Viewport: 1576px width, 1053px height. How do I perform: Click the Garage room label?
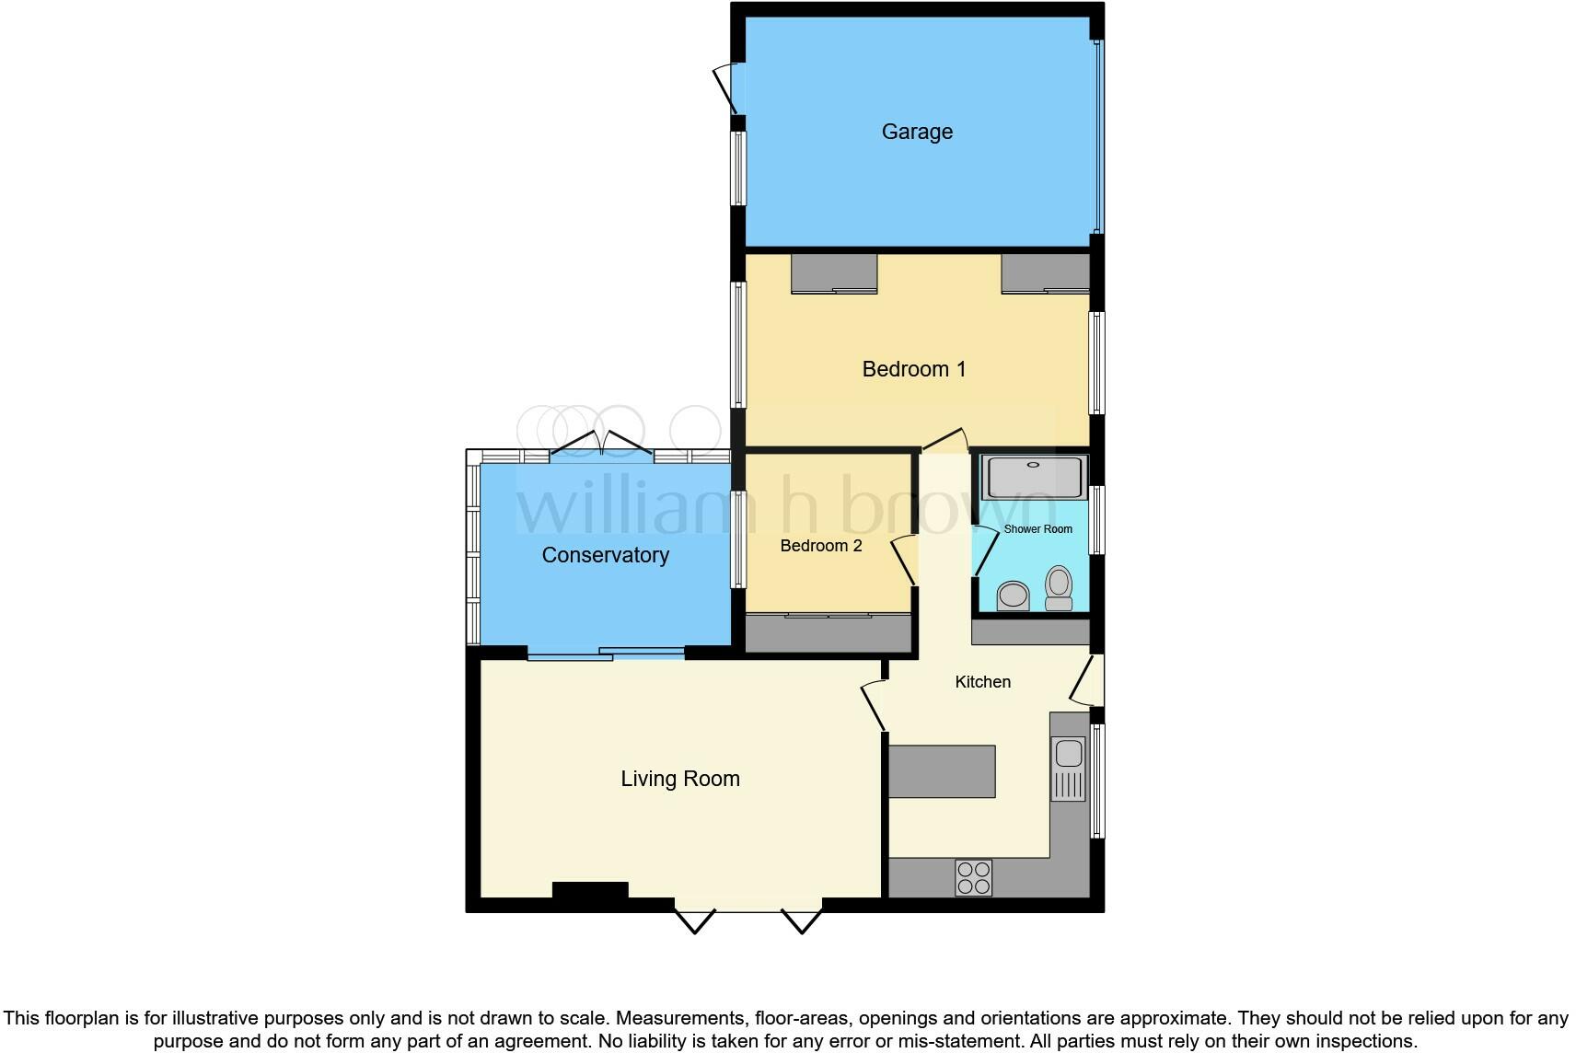click(x=917, y=132)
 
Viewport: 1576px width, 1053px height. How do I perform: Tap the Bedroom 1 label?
click(x=914, y=368)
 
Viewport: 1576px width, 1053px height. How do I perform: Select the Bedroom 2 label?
click(x=821, y=545)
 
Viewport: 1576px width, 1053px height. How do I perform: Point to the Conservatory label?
click(x=605, y=555)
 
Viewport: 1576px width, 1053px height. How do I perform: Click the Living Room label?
click(x=680, y=779)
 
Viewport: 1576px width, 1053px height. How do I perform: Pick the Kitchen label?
click(x=983, y=682)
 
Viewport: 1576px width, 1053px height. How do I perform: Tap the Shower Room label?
click(x=1037, y=529)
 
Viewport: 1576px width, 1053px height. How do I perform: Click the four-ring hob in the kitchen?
click(x=974, y=878)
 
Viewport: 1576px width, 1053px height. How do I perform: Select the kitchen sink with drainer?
click(x=1069, y=769)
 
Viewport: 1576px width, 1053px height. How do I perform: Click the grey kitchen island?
click(x=942, y=771)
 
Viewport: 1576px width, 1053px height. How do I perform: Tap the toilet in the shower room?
click(x=1059, y=588)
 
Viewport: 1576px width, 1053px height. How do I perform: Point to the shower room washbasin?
click(x=1014, y=596)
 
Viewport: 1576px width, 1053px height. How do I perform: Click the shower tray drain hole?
click(x=1033, y=465)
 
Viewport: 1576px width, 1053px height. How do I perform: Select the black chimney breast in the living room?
click(x=590, y=890)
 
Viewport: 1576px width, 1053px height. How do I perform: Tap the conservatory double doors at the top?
click(x=601, y=443)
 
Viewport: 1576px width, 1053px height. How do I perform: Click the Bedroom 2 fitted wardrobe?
click(x=829, y=633)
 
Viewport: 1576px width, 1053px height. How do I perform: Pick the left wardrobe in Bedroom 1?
click(x=834, y=273)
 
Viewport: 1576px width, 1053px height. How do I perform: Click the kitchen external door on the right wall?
click(x=1087, y=680)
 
